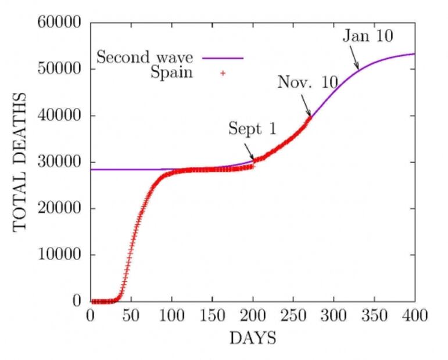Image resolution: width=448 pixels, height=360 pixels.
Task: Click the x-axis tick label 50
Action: tap(131, 316)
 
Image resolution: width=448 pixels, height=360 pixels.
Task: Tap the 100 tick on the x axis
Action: tap(172, 316)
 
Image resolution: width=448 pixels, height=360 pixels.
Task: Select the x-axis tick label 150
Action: tap(212, 316)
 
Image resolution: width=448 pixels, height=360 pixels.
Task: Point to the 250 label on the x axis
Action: tap(293, 316)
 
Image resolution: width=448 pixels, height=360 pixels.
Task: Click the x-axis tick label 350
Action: tap(375, 316)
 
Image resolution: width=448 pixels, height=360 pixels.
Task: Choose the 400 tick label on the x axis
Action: tap(415, 316)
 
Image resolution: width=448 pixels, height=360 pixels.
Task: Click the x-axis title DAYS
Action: tap(252, 338)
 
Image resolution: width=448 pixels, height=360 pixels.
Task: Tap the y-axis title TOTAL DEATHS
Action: tap(20, 161)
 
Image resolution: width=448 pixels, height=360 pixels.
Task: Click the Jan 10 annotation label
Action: tap(367, 36)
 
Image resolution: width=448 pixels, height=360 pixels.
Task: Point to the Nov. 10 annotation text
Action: tap(307, 82)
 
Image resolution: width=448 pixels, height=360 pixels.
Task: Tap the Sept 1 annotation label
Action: tap(252, 129)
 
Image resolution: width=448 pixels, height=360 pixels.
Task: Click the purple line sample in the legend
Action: tap(223, 58)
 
